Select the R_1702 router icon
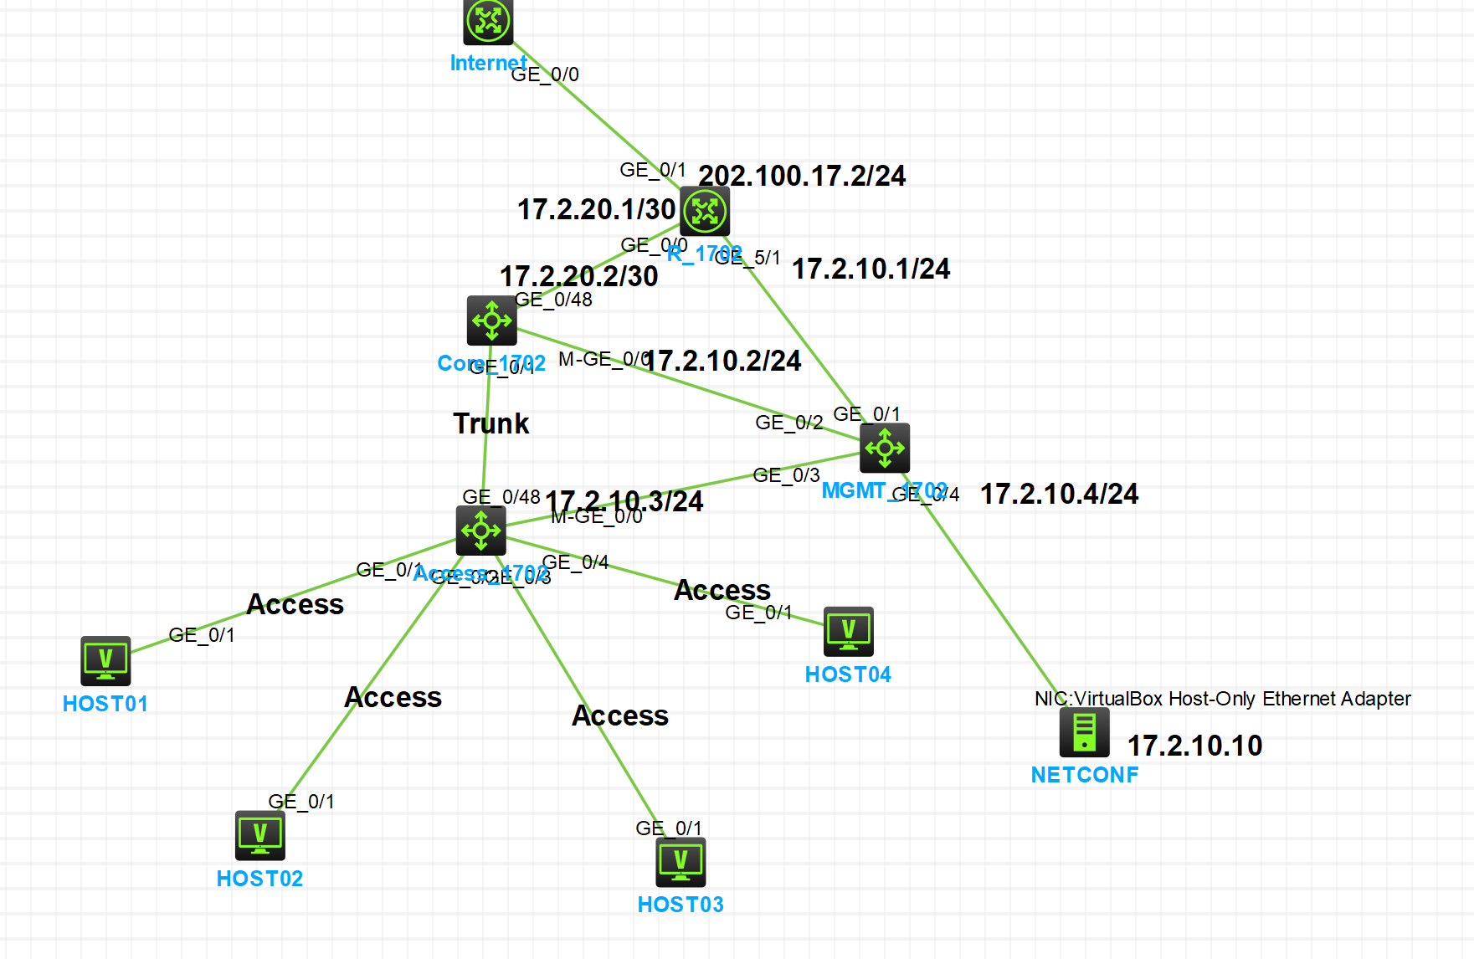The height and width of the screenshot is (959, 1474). (x=705, y=211)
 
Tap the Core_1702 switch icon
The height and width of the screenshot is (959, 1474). (x=492, y=320)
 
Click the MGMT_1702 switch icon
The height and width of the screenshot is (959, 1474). (x=885, y=448)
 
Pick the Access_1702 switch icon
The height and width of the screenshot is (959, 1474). (x=481, y=530)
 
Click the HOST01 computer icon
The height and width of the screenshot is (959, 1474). (x=105, y=660)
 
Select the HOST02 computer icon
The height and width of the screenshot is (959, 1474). (x=260, y=834)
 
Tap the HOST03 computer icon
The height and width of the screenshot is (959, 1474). (x=681, y=861)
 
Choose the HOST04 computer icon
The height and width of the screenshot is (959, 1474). (x=849, y=631)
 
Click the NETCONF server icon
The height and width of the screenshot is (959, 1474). (x=1085, y=732)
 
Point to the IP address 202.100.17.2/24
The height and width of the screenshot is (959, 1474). (x=802, y=176)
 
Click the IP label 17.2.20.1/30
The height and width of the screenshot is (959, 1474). (x=596, y=209)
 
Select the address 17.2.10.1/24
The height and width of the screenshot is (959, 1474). (x=871, y=269)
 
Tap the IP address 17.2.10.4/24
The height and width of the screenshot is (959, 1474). (x=1059, y=494)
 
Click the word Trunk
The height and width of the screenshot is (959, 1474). (x=491, y=423)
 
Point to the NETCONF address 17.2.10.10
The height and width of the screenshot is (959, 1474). (x=1194, y=746)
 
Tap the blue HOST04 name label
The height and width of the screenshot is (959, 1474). (x=848, y=674)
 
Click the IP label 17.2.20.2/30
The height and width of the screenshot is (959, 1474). (x=579, y=276)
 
